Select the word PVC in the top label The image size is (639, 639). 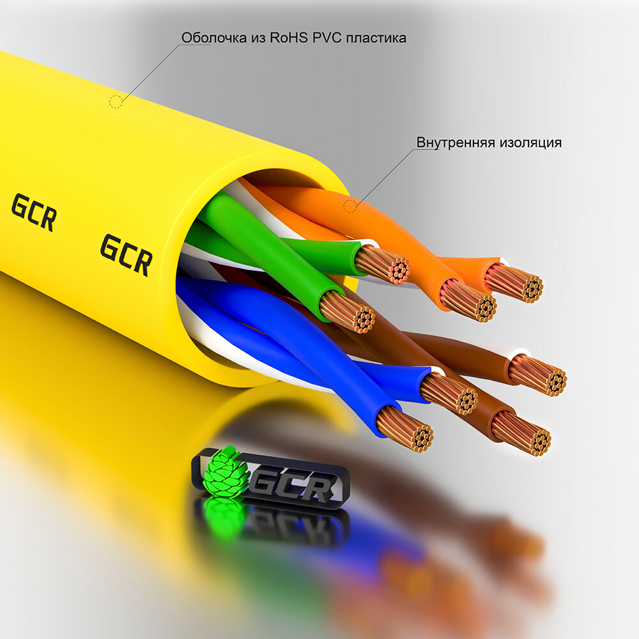point(326,38)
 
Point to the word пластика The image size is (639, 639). point(376,38)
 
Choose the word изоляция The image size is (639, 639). point(531,142)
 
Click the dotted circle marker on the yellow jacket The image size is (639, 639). point(116,101)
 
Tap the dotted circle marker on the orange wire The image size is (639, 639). point(350,206)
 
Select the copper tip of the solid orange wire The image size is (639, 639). point(468,300)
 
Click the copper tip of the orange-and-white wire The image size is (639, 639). point(515,282)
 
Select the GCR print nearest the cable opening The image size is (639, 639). point(126,254)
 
